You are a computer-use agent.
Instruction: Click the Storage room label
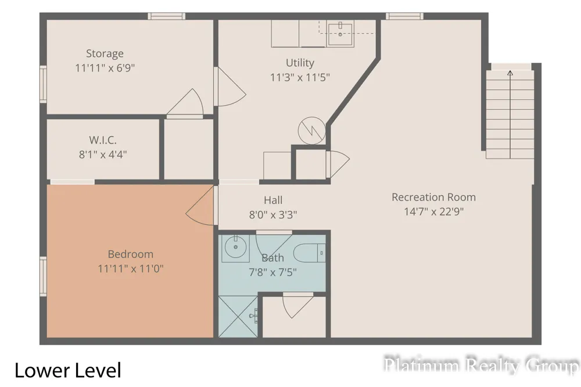[105, 53]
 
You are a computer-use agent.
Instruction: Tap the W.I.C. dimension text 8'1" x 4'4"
[103, 154]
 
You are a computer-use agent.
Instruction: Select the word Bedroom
[130, 255]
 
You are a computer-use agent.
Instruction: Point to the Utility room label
[300, 63]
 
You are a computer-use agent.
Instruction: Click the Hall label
[273, 200]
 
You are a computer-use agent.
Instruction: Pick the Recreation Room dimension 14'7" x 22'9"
[433, 212]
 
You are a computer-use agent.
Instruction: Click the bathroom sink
[235, 248]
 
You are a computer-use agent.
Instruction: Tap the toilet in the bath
[310, 253]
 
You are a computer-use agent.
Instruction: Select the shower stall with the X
[238, 317]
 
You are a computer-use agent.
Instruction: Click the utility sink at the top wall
[340, 33]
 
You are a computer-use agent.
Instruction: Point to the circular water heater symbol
[311, 131]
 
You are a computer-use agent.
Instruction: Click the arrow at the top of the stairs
[510, 73]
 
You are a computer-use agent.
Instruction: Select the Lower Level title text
[68, 370]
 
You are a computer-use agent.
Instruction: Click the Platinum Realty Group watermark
[481, 365]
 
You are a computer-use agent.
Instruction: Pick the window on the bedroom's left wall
[44, 277]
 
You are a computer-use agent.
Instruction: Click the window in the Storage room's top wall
[166, 16]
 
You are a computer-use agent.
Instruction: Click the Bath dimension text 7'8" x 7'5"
[272, 273]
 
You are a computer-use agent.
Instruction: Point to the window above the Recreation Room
[404, 16]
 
